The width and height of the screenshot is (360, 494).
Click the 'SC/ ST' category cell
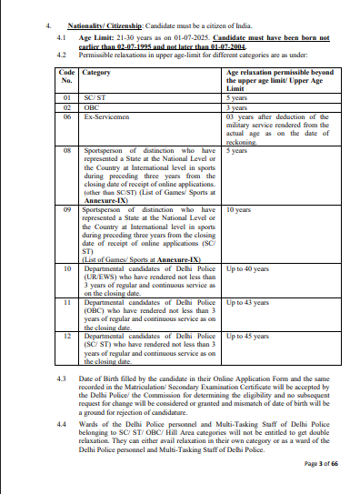click(93, 96)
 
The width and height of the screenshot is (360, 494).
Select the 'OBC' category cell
click(90, 106)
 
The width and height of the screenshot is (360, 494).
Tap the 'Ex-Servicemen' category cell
click(104, 116)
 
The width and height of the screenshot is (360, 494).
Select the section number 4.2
click(62, 55)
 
